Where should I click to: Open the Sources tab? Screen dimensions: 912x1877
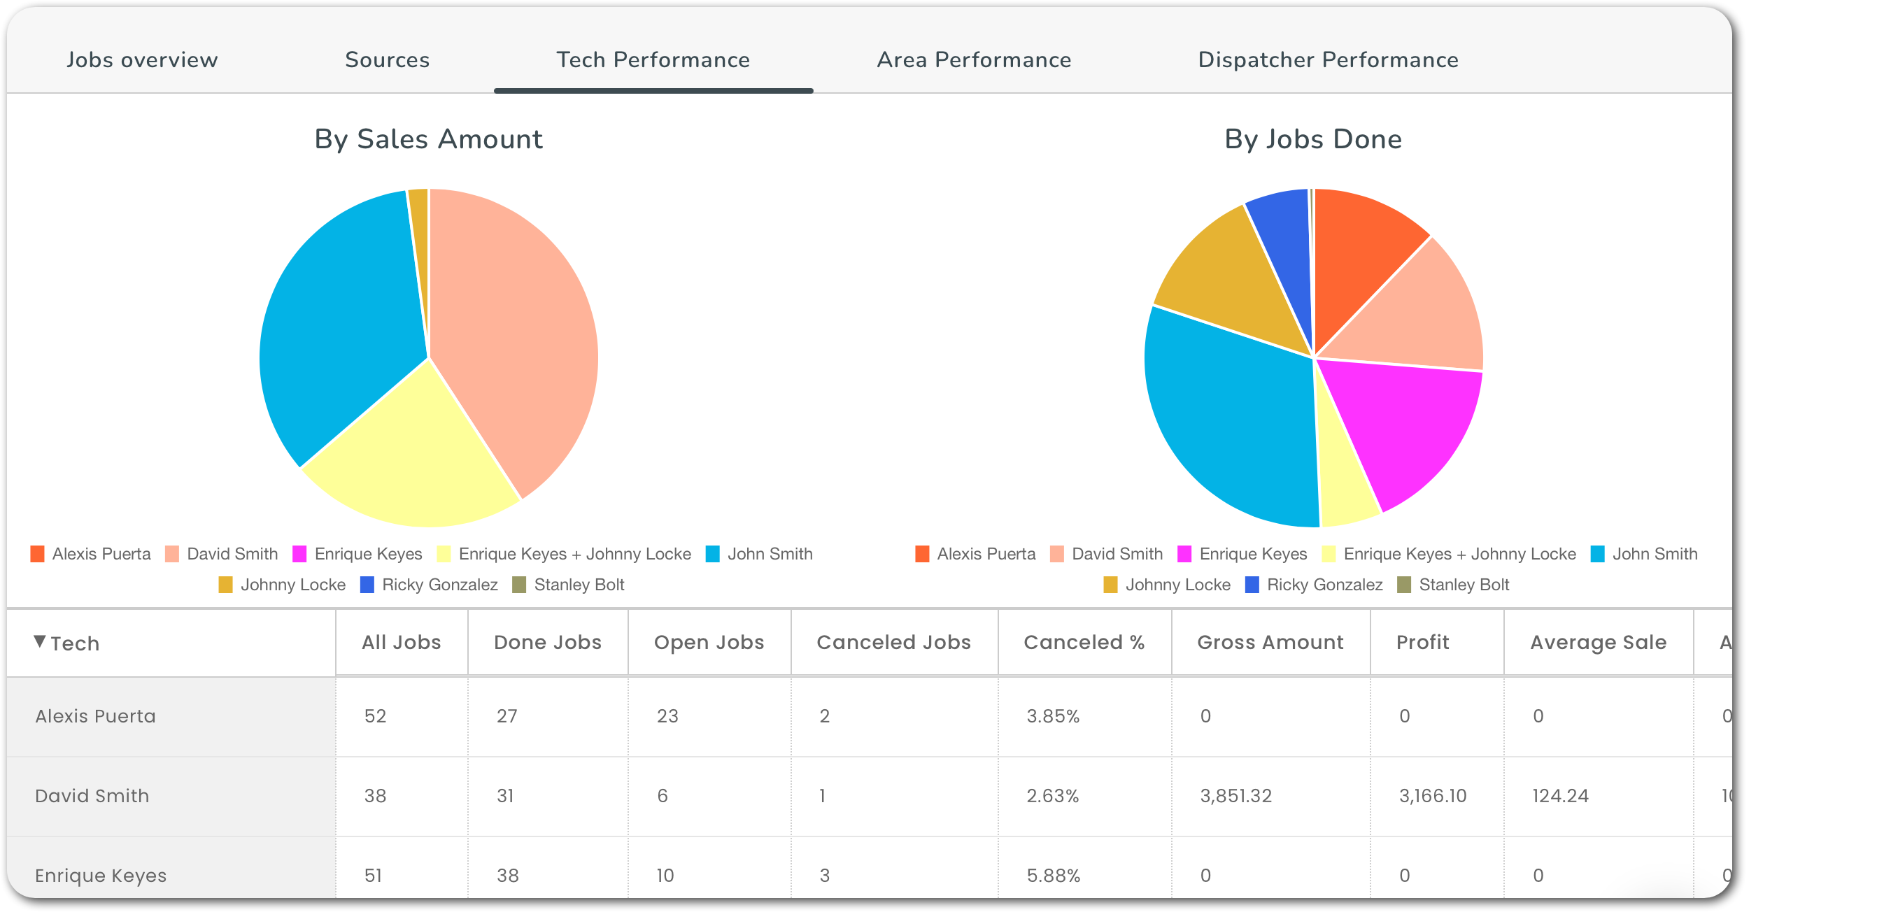(x=387, y=59)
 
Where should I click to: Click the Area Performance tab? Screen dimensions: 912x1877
(x=973, y=59)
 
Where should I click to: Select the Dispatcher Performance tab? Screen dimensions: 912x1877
(x=1328, y=59)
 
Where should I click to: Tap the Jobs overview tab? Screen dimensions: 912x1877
(x=142, y=59)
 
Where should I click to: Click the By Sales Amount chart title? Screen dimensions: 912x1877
(x=428, y=139)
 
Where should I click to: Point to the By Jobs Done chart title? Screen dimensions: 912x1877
(x=1312, y=139)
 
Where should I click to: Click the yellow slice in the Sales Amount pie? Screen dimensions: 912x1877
(x=408, y=459)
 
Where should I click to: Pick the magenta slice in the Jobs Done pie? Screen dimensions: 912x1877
(x=1406, y=430)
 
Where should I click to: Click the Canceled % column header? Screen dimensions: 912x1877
(x=1084, y=643)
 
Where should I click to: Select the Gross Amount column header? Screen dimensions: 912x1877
(x=1269, y=643)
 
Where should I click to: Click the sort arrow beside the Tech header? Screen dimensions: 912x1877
(x=40, y=642)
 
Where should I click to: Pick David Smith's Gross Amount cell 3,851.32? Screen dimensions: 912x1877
(x=1235, y=796)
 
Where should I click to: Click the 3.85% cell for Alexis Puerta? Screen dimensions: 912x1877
(x=1053, y=717)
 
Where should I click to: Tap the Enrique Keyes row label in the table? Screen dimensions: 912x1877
(x=101, y=876)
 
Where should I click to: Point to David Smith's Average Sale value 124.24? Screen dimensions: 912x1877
(x=1560, y=796)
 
